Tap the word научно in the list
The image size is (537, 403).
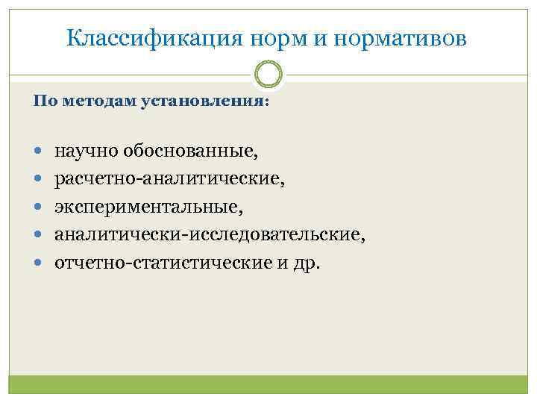[83, 152]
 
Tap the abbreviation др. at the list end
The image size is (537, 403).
[306, 264]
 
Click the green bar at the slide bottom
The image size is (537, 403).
[268, 384]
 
